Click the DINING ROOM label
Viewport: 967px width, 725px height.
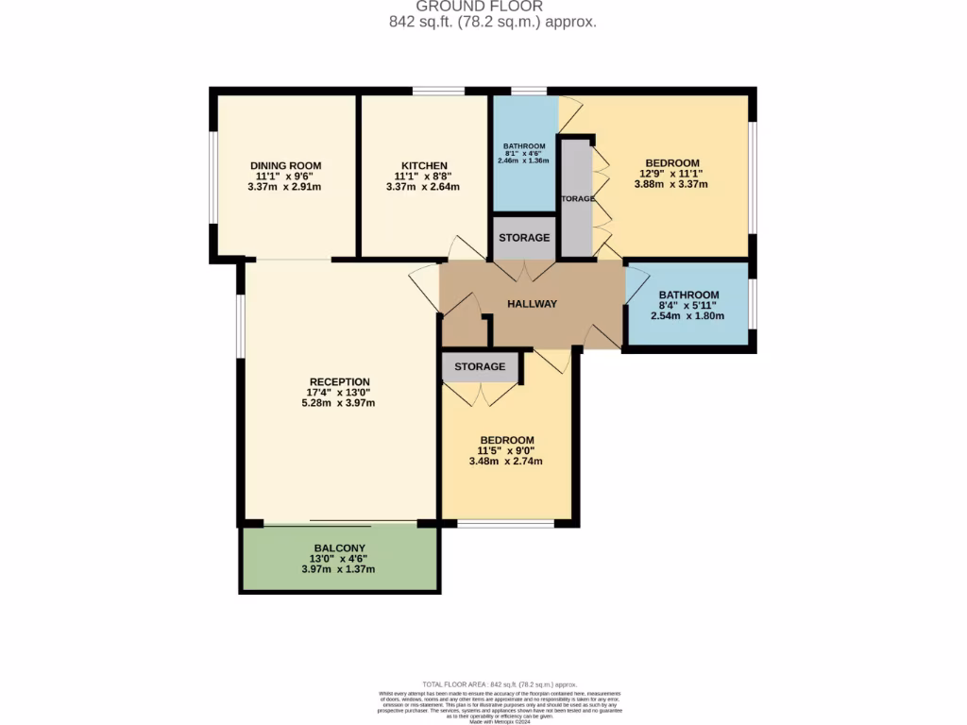[281, 165]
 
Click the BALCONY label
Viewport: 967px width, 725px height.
[338, 548]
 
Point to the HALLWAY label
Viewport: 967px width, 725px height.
[532, 304]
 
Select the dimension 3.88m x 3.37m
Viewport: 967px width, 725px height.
[670, 184]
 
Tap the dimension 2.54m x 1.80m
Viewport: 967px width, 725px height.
[687, 315]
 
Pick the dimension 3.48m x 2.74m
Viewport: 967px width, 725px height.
[506, 462]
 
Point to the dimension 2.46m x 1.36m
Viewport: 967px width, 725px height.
[524, 161]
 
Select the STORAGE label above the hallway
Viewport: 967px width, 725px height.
[524, 238]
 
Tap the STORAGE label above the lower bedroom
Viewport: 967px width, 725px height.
[480, 366]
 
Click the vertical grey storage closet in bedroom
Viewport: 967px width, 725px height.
[576, 198]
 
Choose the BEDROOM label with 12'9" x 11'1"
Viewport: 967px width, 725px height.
[670, 162]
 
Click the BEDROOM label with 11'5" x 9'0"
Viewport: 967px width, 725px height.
[506, 440]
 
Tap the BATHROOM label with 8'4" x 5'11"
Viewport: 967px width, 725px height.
[688, 295]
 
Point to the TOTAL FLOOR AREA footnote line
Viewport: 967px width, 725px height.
[499, 684]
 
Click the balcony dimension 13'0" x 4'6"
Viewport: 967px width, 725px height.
[338, 559]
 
